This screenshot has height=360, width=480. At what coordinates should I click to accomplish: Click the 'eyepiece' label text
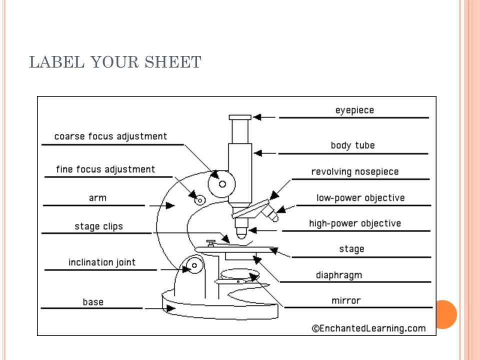(354, 110)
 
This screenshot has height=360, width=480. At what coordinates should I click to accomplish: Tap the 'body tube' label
(352, 145)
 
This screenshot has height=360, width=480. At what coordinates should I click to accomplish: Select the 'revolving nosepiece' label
(355, 172)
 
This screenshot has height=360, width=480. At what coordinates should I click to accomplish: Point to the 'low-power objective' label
(360, 198)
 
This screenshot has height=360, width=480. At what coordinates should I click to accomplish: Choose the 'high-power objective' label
(355, 223)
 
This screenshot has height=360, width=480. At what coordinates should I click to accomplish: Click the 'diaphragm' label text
(338, 275)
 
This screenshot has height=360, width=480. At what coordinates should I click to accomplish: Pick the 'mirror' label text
(345, 300)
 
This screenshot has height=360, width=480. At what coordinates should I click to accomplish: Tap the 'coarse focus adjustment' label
(110, 136)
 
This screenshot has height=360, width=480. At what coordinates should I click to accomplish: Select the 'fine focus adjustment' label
(105, 169)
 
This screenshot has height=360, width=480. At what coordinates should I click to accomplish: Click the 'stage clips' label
(98, 226)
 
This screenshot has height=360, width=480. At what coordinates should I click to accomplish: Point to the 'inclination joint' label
(102, 262)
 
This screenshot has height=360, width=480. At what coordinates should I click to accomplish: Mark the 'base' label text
(93, 302)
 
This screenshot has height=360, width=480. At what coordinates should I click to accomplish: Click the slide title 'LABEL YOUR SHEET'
(115, 62)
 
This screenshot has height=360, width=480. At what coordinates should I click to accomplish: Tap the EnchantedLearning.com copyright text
(368, 328)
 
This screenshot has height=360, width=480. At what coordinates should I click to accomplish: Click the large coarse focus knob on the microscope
(222, 184)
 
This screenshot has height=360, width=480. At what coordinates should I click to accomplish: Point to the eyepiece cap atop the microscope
(240, 117)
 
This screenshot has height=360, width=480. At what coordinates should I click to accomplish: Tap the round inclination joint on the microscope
(192, 265)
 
